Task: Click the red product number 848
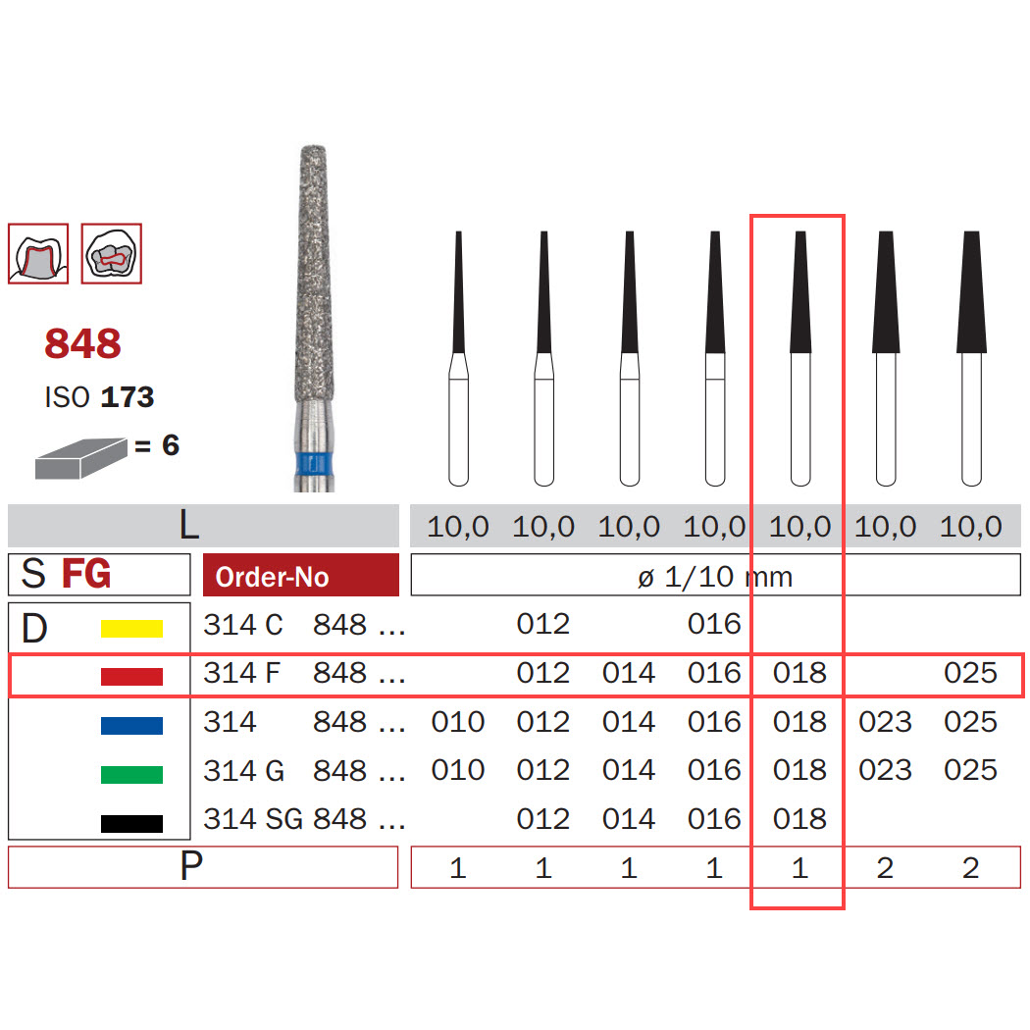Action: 82,343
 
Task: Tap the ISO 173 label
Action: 99,396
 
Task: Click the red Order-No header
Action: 301,575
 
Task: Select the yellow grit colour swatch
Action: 131,629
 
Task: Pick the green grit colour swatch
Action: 131,775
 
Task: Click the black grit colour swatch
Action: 131,823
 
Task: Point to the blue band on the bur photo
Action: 315,463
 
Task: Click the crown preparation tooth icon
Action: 38,253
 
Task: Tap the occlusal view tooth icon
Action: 112,253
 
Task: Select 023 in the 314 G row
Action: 885,770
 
